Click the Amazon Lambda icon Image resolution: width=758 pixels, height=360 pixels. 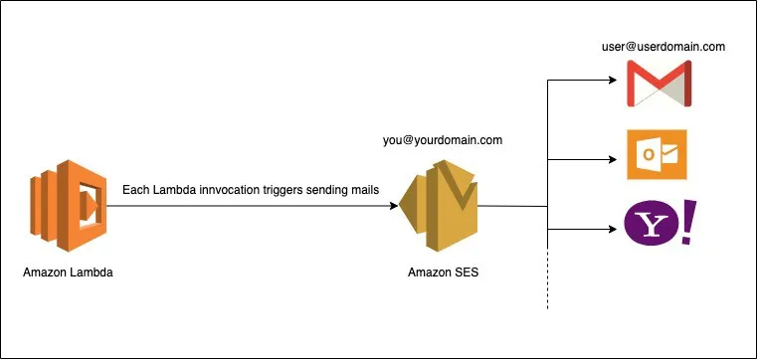point(67,206)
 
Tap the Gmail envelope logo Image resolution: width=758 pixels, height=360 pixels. point(658,84)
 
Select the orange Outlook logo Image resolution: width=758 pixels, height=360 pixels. point(657,155)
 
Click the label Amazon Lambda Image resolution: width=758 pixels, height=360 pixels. point(66,272)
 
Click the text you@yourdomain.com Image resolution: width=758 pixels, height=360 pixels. point(443,140)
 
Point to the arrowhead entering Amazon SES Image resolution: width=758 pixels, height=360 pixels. point(397,206)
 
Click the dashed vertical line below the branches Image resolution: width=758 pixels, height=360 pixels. point(548,283)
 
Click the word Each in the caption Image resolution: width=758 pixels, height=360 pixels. point(136,190)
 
